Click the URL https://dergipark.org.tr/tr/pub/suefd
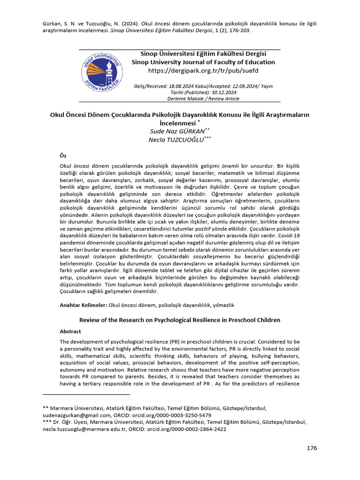(203, 71)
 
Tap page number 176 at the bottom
(312, 448)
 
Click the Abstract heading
(70, 331)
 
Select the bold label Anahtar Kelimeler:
(83, 305)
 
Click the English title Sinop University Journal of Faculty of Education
(203, 62)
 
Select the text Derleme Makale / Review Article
(203, 98)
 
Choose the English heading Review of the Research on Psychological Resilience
(180, 320)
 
